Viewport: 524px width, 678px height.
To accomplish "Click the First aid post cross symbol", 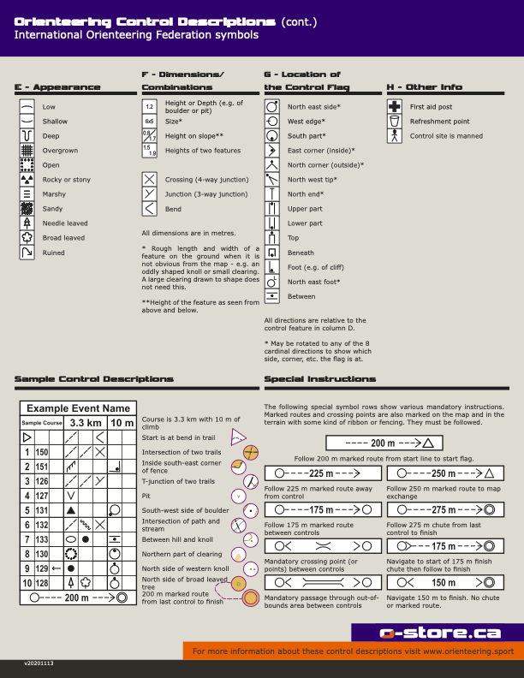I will [395, 107].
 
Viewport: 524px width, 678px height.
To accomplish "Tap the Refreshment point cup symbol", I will [395, 122].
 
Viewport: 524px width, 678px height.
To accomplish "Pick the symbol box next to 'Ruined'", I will [27, 253].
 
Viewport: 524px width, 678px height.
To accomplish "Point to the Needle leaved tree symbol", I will [27, 223].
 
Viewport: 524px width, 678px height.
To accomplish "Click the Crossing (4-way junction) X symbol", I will [150, 180].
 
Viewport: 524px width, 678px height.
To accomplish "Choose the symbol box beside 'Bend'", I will [150, 209].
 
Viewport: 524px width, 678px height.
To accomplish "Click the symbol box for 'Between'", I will [272, 296].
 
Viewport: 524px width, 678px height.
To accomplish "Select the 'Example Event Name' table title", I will [78, 408].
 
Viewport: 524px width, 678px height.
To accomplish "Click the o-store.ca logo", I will [438, 633].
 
